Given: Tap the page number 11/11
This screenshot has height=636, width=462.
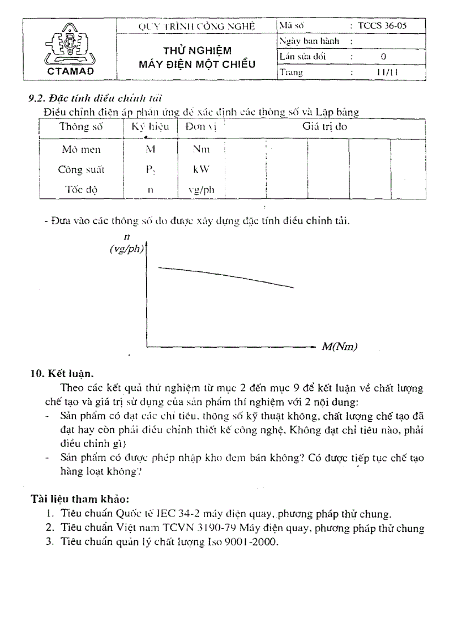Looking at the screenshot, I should click(386, 72).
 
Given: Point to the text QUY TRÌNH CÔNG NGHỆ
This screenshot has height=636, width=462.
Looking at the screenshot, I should click(197, 26).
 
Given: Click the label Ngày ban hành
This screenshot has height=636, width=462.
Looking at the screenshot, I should click(309, 41).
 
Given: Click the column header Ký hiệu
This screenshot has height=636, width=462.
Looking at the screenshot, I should click(151, 127).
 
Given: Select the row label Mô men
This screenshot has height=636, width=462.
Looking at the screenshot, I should click(81, 150).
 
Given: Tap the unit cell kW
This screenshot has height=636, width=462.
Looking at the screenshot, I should click(202, 169).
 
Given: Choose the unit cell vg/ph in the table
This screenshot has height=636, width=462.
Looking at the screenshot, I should click(202, 190).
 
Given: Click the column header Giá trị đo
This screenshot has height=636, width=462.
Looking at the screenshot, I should click(325, 127).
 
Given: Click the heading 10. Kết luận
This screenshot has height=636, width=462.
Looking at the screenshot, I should click(62, 374).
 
